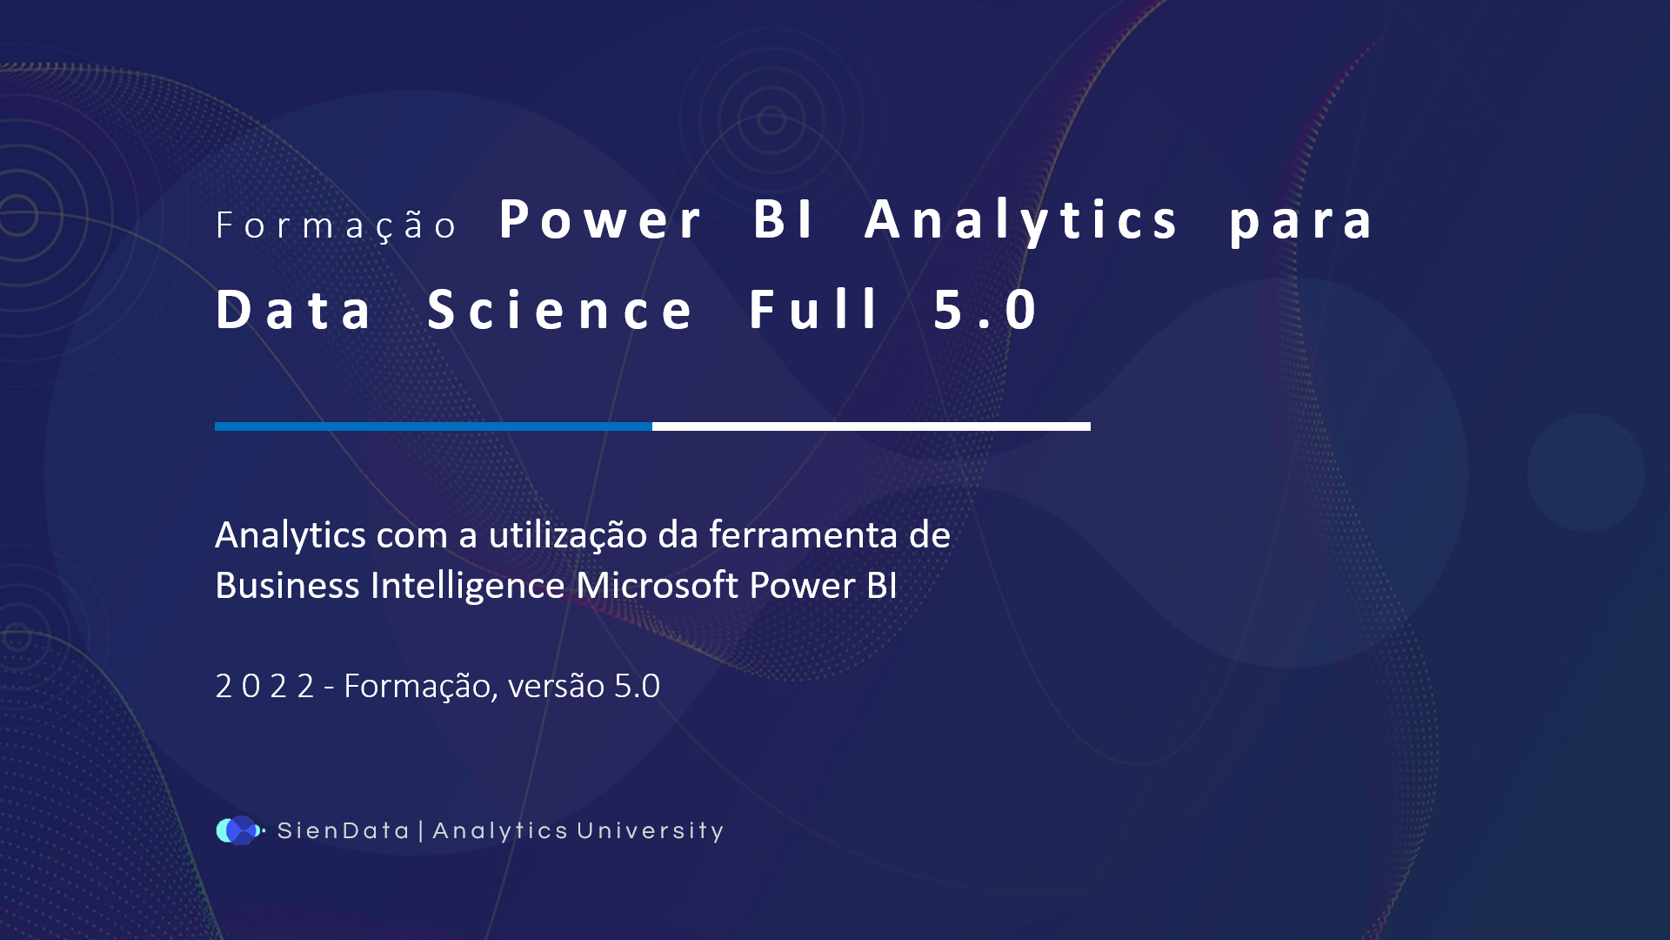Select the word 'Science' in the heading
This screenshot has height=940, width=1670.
point(560,310)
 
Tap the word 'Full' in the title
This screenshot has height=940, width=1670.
point(814,310)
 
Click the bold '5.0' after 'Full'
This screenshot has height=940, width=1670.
point(985,310)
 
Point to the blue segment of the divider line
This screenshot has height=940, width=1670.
point(433,426)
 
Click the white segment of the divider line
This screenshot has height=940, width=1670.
point(871,426)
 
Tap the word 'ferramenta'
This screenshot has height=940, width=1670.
point(803,534)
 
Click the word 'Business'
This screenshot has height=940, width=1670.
point(287,586)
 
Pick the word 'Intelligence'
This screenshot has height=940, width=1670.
point(467,586)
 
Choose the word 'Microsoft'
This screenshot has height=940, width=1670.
point(657,585)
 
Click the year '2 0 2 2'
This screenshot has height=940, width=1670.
point(264,686)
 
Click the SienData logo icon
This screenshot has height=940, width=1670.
point(239,830)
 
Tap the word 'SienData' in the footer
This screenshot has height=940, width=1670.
point(343,831)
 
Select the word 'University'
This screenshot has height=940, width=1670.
point(650,831)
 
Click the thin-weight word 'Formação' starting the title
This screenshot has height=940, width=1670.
point(336,225)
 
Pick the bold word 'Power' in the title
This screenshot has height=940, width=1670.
point(600,220)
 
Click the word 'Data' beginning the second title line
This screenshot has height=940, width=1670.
point(294,310)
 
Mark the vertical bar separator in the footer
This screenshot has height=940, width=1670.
point(421,830)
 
